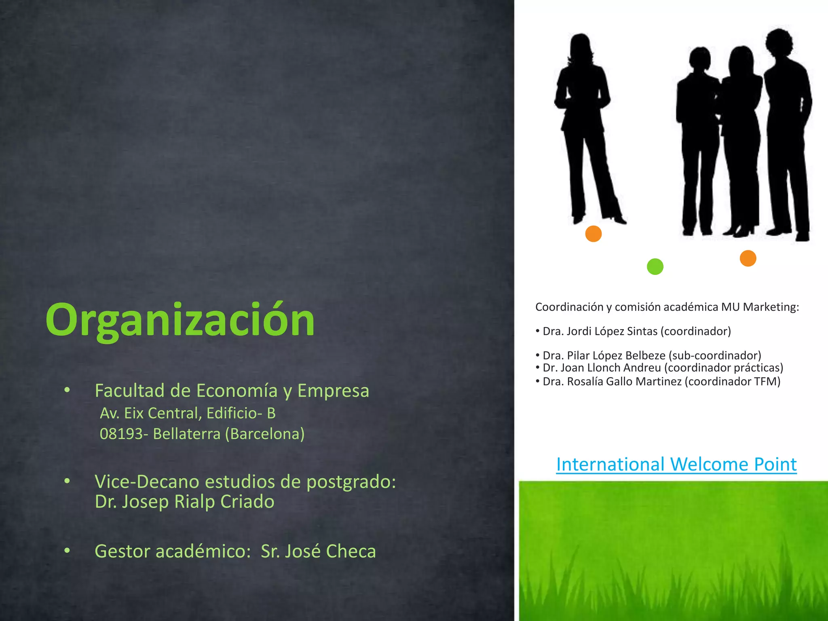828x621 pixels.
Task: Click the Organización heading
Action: click(180, 320)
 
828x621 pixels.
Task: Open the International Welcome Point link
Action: click(676, 464)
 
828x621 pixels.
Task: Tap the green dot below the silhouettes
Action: click(655, 267)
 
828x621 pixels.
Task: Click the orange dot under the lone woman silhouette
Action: click(594, 234)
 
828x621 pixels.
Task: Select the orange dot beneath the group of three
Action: click(748, 258)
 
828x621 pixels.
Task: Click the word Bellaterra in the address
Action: click(187, 434)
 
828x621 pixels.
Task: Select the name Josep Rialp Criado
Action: click(198, 502)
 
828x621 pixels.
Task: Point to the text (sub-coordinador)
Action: click(715, 356)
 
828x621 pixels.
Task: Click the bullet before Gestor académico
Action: click(67, 551)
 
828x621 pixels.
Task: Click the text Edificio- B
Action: click(241, 413)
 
